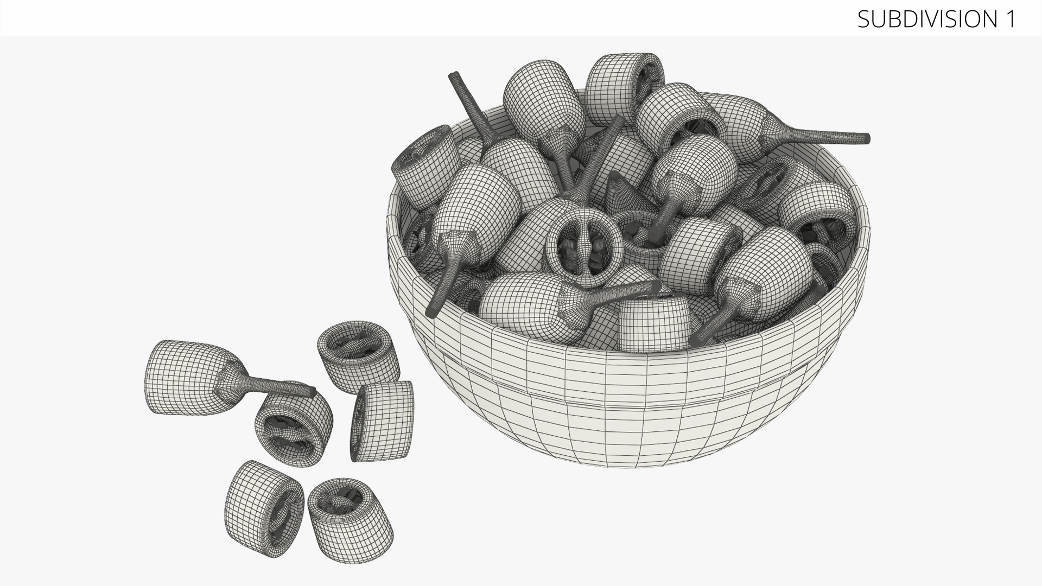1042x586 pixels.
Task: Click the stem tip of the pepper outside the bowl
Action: point(312,391)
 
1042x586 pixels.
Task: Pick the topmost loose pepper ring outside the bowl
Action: point(358,356)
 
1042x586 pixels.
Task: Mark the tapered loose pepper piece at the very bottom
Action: point(350,513)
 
